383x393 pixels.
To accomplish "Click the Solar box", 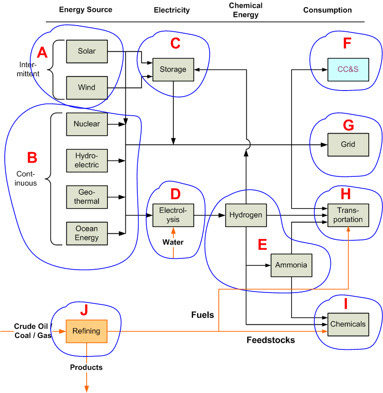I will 87,51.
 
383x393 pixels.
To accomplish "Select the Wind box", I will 87,88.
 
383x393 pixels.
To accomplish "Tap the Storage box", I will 173,70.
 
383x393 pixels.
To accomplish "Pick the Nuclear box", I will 87,124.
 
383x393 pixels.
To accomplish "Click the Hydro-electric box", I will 87,161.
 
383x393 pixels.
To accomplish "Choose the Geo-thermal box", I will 87,197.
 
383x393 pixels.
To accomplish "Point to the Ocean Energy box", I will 87,233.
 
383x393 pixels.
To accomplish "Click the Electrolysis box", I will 173,215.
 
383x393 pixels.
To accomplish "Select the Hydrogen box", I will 245,215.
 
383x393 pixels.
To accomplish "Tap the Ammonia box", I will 291,265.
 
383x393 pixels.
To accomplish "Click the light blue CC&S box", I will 348,70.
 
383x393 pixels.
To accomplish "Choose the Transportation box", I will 348,215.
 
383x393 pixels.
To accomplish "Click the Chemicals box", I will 348,324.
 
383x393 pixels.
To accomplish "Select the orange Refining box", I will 86,331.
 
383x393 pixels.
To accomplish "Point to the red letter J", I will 84,310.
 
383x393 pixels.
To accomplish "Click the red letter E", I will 262,245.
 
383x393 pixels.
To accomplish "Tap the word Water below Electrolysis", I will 173,242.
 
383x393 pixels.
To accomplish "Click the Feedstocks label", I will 270,340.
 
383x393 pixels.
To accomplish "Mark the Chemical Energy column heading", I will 246,10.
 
